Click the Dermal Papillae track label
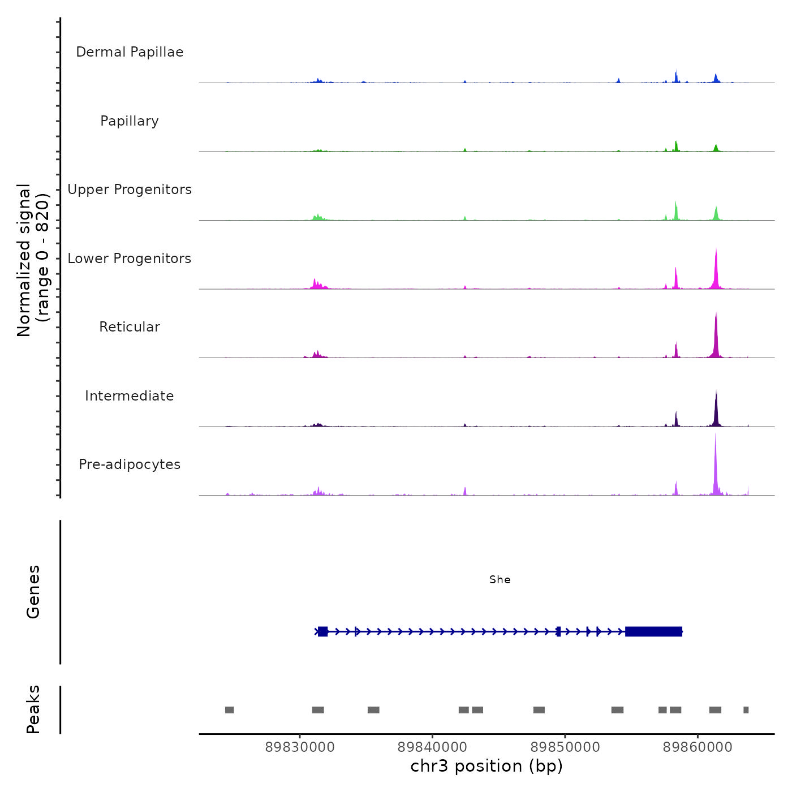(x=130, y=52)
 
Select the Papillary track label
(x=130, y=121)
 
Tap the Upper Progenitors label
(x=130, y=190)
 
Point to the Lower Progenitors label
(x=130, y=259)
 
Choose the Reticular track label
(x=130, y=327)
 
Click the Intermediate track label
(x=130, y=396)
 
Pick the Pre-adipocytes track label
(x=130, y=464)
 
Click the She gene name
(x=500, y=580)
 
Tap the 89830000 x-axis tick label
(x=300, y=747)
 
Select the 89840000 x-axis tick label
(x=432, y=747)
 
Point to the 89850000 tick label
(x=565, y=747)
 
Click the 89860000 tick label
(x=698, y=747)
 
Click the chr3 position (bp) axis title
(x=487, y=766)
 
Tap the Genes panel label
(x=33, y=592)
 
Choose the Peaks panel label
(x=33, y=709)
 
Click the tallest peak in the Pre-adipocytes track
(x=715, y=453)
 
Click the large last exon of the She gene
(x=653, y=631)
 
